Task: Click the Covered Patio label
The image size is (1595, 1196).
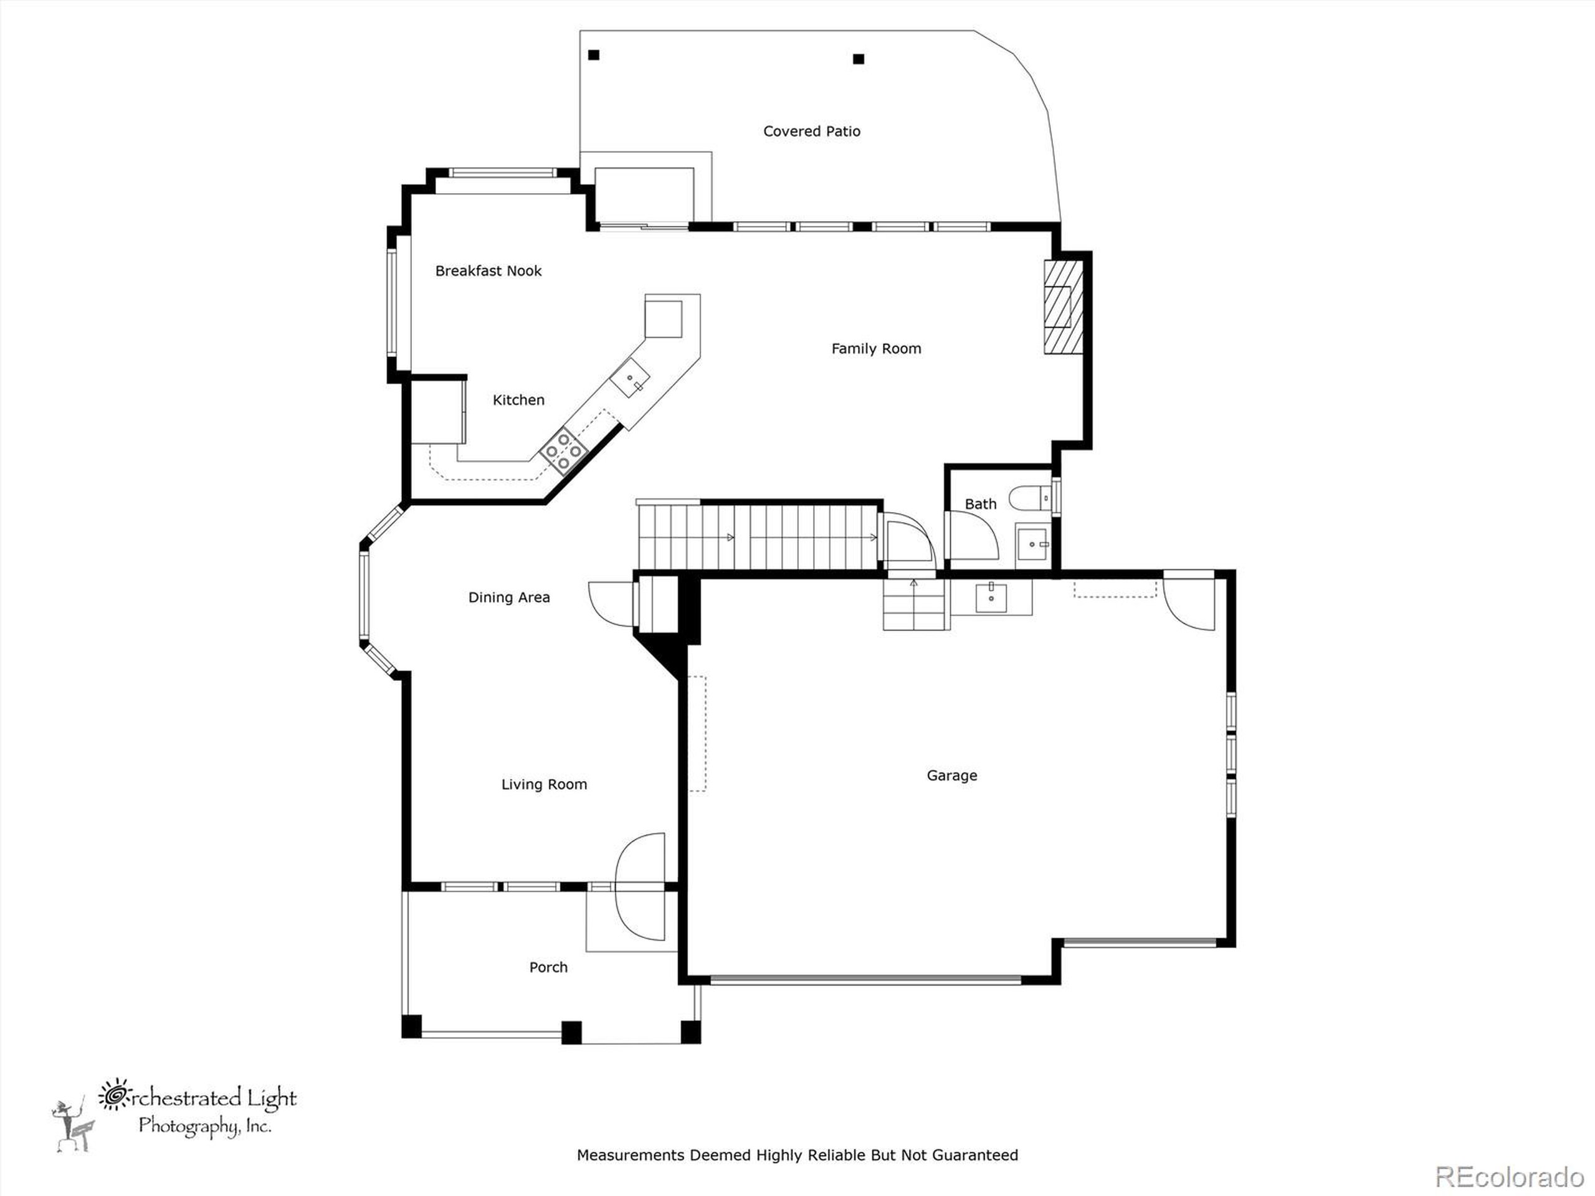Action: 811,131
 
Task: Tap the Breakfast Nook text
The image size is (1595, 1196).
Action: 488,271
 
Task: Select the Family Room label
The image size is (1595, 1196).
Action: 875,349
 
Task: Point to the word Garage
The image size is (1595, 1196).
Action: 951,776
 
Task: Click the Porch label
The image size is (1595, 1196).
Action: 548,967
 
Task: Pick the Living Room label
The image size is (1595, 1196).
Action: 544,784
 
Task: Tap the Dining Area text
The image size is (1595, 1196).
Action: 508,597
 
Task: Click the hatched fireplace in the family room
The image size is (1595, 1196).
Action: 1062,306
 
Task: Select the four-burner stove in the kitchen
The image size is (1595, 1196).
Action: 564,450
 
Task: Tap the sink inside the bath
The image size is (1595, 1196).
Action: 1033,544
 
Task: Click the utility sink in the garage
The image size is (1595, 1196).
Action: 991,597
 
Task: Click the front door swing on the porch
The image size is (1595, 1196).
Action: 640,888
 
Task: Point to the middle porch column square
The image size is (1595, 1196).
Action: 571,1032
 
